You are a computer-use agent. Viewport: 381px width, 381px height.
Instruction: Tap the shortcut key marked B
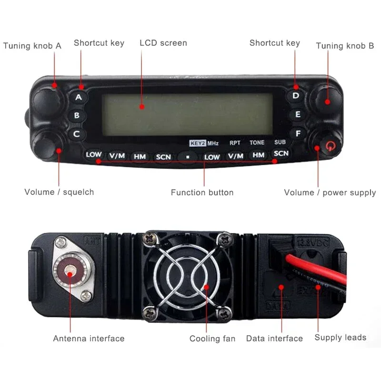77,115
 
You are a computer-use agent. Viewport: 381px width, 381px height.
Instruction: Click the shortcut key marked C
77,134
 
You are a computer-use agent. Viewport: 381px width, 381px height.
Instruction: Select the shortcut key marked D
296,96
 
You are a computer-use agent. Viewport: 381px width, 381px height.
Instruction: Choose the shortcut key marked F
298,134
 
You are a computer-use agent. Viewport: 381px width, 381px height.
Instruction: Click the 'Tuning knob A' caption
32,46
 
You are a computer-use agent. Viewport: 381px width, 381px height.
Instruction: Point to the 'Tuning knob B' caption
345,46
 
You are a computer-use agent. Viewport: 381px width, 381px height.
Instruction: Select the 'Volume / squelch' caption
59,192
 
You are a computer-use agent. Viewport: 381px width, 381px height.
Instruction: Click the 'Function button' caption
202,193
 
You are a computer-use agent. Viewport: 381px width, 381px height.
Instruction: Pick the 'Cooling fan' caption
212,339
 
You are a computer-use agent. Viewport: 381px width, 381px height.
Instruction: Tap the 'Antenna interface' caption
89,339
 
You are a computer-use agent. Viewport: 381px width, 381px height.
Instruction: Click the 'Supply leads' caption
340,338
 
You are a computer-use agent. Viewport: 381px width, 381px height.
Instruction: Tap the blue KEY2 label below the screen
197,142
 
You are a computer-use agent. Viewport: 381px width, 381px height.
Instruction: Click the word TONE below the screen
257,143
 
